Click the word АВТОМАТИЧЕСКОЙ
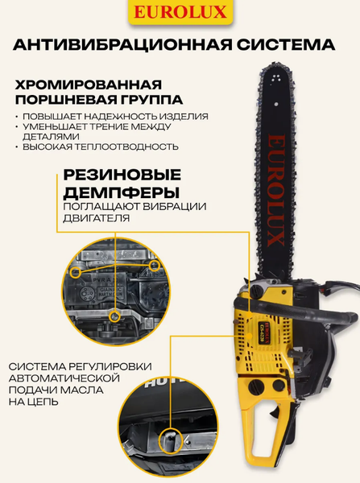[x=65, y=377]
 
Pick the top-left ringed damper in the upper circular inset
[x=75, y=272]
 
